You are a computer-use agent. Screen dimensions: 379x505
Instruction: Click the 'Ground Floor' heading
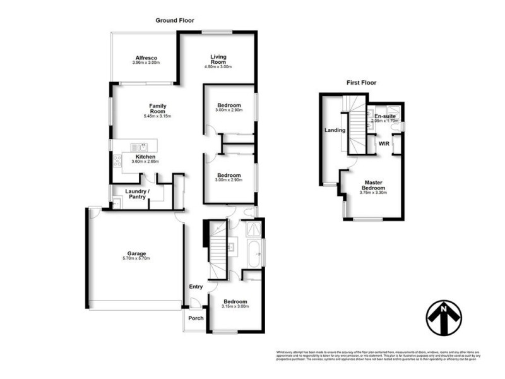click(174, 20)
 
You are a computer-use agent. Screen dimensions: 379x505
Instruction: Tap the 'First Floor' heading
click(361, 83)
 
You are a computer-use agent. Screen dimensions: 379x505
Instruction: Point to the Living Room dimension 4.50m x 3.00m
click(218, 67)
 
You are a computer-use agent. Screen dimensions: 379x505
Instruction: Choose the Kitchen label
click(145, 157)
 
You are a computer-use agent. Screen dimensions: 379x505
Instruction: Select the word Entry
click(196, 286)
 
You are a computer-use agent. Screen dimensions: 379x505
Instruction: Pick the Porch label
click(196, 318)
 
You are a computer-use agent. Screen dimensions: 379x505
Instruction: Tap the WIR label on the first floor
click(383, 144)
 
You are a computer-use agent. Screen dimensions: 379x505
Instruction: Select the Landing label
click(334, 131)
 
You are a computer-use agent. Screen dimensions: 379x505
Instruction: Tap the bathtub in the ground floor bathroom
click(256, 255)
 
